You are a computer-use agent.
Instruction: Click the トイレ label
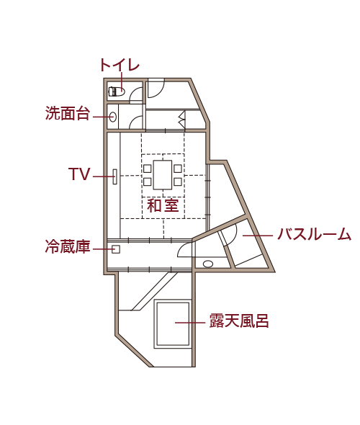coord(120,66)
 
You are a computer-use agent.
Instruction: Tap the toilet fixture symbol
coord(117,91)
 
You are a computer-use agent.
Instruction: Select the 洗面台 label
coord(68,113)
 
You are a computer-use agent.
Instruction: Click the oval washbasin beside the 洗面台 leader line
coord(113,117)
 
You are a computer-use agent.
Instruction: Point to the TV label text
coord(79,174)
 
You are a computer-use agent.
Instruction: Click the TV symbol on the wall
coord(115,176)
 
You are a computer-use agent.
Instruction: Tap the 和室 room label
coord(163,205)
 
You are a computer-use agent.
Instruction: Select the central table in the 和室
coord(163,175)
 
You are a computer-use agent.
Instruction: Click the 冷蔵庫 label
coord(68,246)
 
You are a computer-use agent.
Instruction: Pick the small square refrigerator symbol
coord(116,249)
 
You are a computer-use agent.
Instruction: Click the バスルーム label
coord(314,234)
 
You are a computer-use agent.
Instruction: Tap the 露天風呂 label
coord(239,321)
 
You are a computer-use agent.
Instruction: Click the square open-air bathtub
coord(173,324)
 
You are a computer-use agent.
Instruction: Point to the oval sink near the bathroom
coord(208,264)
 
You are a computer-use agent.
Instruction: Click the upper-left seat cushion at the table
coord(148,169)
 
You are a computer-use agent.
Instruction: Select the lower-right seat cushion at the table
coord(178,182)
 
